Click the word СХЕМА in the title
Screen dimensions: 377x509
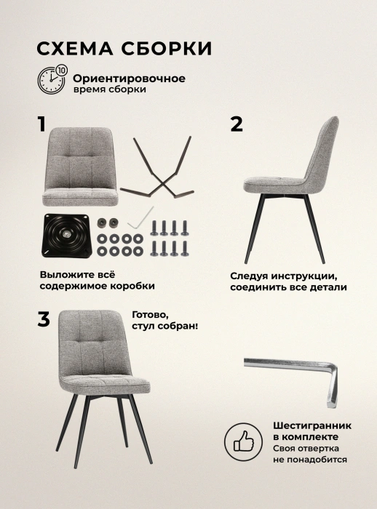pyautogui.click(x=75, y=49)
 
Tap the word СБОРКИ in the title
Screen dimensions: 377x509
pyautogui.click(x=167, y=49)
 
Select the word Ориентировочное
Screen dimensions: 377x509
pyautogui.click(x=129, y=79)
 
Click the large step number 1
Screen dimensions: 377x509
pyautogui.click(x=41, y=124)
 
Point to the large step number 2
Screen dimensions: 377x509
pyautogui.click(x=237, y=124)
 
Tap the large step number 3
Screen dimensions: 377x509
pyautogui.click(x=44, y=319)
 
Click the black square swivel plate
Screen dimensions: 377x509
pyautogui.click(x=66, y=236)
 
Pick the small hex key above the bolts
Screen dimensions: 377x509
pyautogui.click(x=140, y=218)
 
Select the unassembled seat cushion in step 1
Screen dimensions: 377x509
pyautogui.click(x=80, y=167)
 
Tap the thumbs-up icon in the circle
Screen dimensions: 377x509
pyautogui.click(x=243, y=441)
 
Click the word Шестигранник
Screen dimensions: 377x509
pyautogui.click(x=312, y=425)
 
